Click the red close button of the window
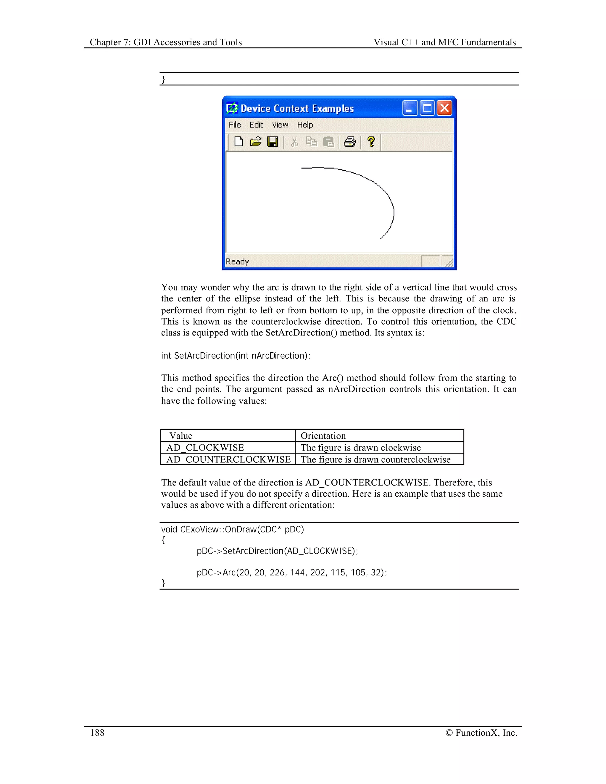pyautogui.click(x=444, y=108)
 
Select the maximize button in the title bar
pyautogui.click(x=427, y=108)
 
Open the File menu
pyautogui.click(x=235, y=125)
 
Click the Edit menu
pyautogui.click(x=256, y=125)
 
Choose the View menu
pyautogui.click(x=280, y=125)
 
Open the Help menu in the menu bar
pyautogui.click(x=305, y=125)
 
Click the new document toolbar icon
pyautogui.click(x=239, y=142)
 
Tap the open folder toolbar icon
pyautogui.click(x=256, y=142)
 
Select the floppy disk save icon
pyautogui.click(x=273, y=142)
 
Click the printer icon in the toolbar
pyautogui.click(x=350, y=142)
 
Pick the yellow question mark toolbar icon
pyautogui.click(x=371, y=142)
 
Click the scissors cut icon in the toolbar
pyautogui.click(x=294, y=142)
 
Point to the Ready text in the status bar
pyautogui.click(x=237, y=261)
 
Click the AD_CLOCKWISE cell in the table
pyautogui.click(x=205, y=448)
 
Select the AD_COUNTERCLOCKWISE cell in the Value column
pyautogui.click(x=228, y=459)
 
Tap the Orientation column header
pyautogui.click(x=323, y=436)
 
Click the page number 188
pyautogui.click(x=97, y=733)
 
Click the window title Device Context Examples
pyautogui.click(x=297, y=108)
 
